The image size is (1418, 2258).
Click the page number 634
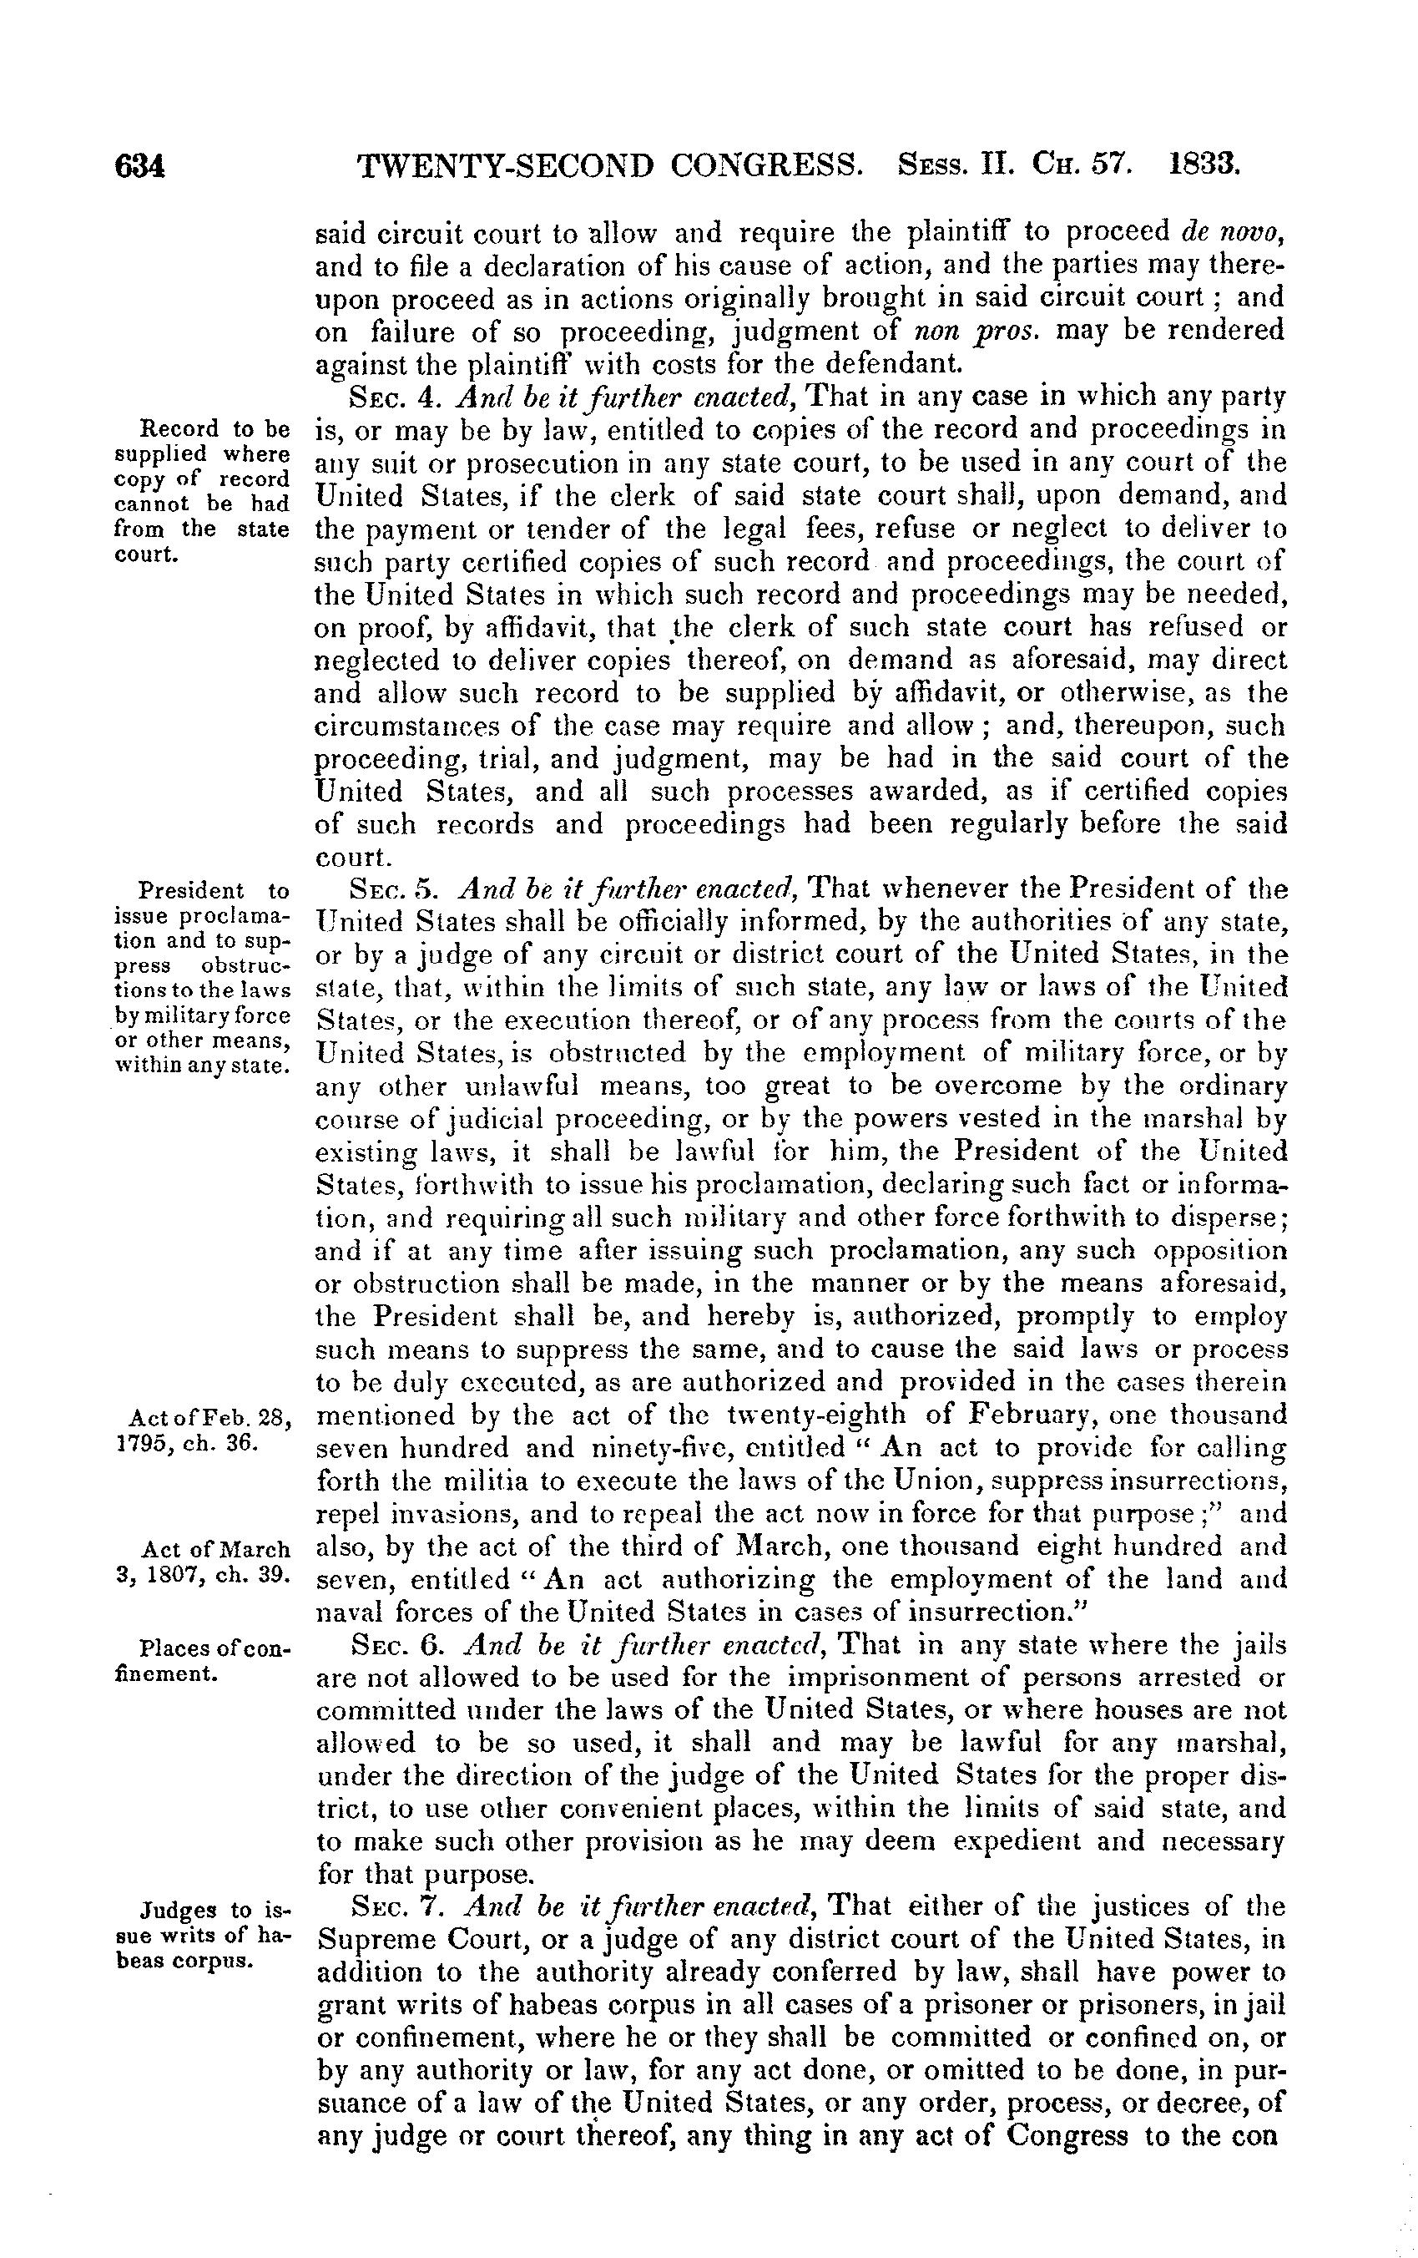coord(139,167)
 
